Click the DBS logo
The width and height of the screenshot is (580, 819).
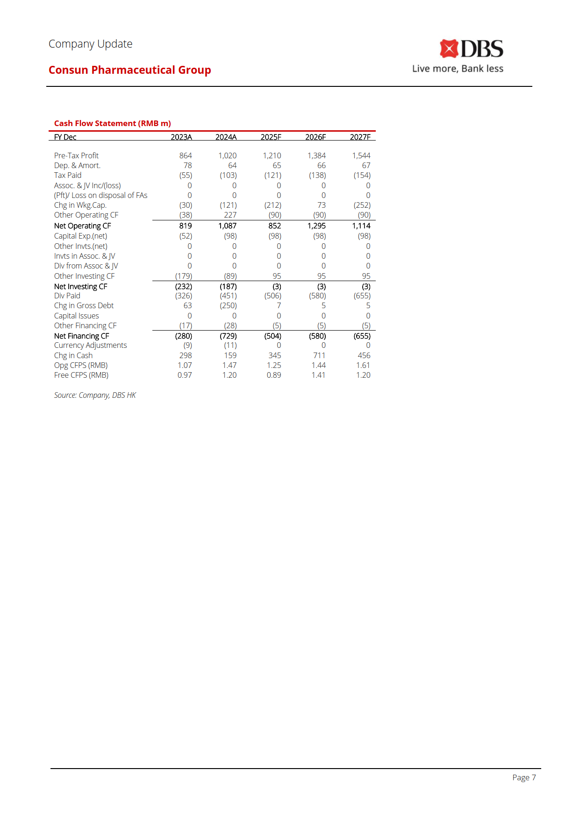point(471,49)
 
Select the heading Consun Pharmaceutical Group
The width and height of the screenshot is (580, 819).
point(129,70)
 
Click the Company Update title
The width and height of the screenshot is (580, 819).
point(90,44)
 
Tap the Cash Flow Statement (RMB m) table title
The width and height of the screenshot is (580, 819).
point(112,123)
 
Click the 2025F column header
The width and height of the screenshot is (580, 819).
point(271,137)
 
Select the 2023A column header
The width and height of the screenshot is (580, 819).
point(181,137)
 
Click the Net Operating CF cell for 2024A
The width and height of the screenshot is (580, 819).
point(227,226)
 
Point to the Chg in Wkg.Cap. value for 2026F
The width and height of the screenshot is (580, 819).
point(321,205)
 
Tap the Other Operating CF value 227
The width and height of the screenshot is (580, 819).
point(230,215)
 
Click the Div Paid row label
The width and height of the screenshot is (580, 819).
point(67,296)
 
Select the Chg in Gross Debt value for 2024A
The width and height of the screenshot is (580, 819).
point(228,305)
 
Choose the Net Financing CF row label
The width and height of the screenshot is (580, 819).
point(81,336)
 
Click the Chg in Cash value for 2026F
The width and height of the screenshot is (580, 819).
point(319,355)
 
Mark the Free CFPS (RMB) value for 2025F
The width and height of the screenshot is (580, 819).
point(274,375)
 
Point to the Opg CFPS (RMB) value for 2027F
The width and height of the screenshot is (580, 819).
point(363,365)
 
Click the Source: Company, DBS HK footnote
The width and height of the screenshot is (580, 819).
point(95,395)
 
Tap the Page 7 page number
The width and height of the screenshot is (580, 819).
point(523,777)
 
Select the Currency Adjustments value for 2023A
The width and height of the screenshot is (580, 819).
point(187,345)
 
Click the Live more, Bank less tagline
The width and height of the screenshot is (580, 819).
point(458,69)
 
